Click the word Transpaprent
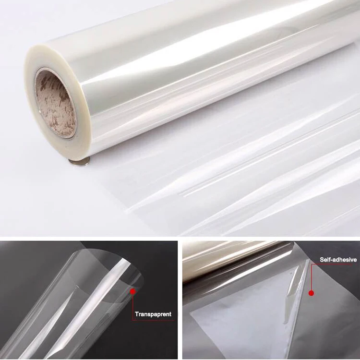[x=153, y=314]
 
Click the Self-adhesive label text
[x=338, y=260]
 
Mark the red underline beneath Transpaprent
[x=153, y=320]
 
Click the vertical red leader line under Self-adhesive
[x=311, y=278]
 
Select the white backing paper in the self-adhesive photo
[x=230, y=326]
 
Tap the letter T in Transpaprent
[x=137, y=314]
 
